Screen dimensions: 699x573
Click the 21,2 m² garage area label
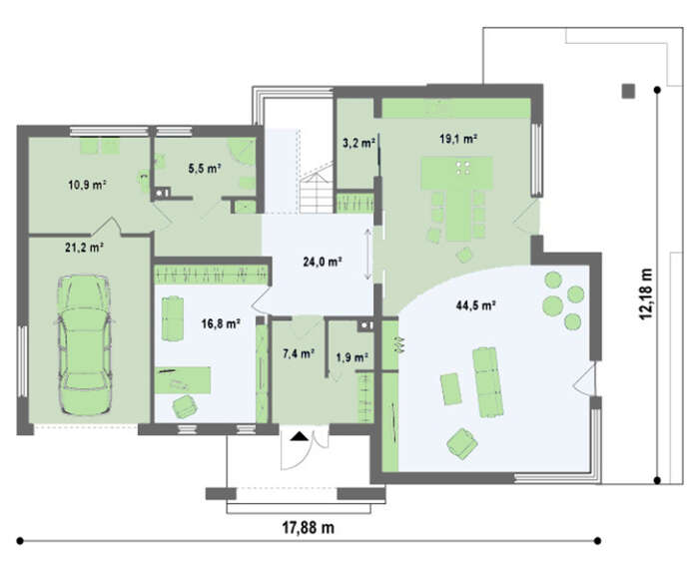tap(85, 248)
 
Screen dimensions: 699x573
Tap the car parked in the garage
tap(84, 345)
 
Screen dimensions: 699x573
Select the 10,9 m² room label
tap(87, 185)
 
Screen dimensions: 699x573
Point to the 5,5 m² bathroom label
tap(205, 169)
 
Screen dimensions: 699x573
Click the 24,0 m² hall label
tap(323, 262)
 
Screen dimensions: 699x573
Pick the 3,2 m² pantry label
tap(358, 143)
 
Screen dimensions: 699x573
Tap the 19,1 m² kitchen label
tap(458, 139)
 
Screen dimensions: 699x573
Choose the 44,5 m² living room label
tap(476, 305)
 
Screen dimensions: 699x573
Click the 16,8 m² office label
tap(221, 323)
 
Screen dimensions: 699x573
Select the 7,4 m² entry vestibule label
tap(299, 353)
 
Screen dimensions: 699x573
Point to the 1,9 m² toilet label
tap(351, 357)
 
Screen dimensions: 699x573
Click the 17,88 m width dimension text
tap(308, 527)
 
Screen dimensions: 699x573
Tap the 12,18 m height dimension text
tap(646, 293)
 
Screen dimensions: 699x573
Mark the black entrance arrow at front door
tap(300, 436)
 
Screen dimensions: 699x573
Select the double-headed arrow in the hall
tap(368, 254)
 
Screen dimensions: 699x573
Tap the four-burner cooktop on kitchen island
tap(463, 168)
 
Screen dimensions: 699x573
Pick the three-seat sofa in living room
tap(487, 382)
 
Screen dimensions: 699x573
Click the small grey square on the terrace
tap(628, 91)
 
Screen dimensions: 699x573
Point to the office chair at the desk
tap(185, 407)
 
